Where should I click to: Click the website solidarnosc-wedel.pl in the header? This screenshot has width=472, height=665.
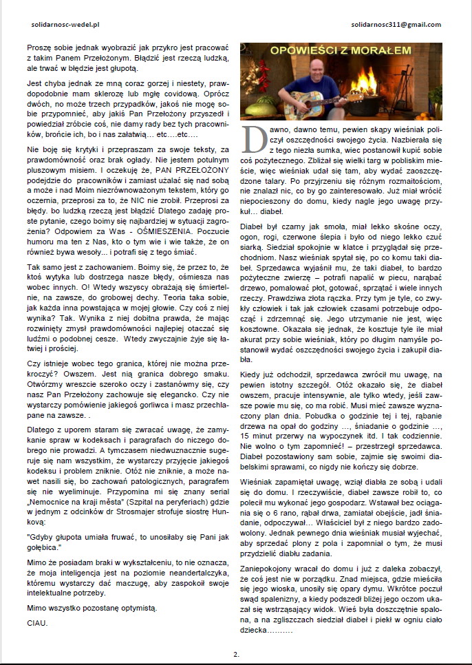[62, 25]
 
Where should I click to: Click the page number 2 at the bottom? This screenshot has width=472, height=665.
[235, 653]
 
